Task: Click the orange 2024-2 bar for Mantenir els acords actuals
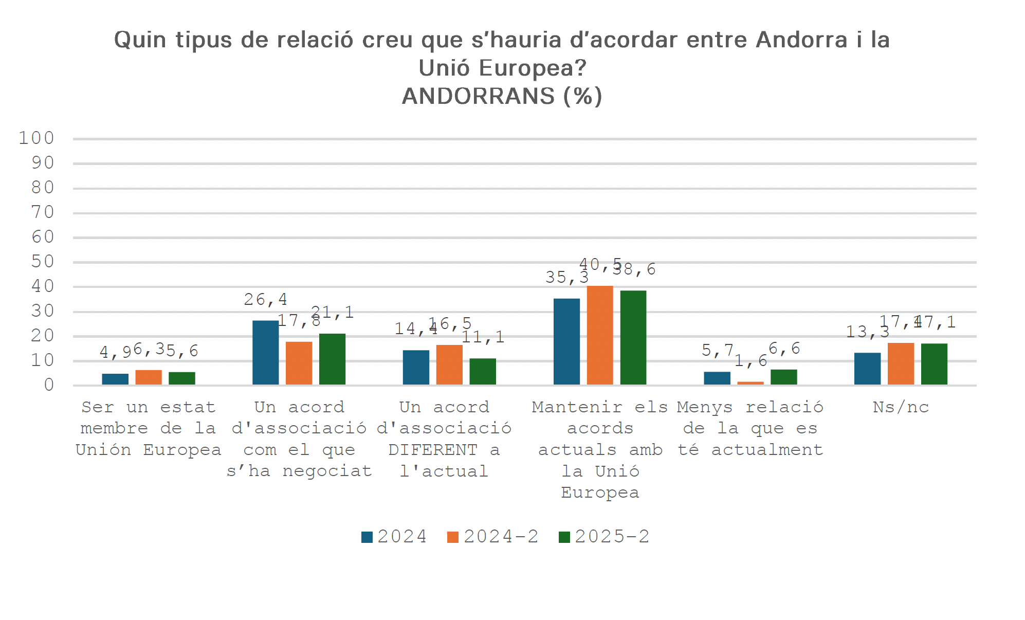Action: (x=600, y=335)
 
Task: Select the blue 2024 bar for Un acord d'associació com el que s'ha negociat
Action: (x=266, y=353)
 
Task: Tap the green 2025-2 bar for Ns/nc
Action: (x=934, y=364)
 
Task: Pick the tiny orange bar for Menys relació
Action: (x=751, y=383)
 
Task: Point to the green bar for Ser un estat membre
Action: (x=182, y=378)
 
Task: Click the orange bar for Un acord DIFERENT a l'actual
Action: (x=449, y=365)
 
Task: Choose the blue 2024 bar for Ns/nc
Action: (x=868, y=369)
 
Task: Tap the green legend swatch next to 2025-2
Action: (x=564, y=537)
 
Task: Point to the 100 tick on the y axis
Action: (x=36, y=138)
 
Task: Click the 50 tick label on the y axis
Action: (x=43, y=262)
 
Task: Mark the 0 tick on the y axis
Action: (x=49, y=385)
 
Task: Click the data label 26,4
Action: (x=265, y=299)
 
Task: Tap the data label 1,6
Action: (x=751, y=361)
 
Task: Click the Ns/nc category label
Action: (x=901, y=407)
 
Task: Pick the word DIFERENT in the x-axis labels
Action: (x=433, y=450)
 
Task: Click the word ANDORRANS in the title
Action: (x=479, y=96)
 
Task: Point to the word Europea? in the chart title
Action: (x=533, y=68)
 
